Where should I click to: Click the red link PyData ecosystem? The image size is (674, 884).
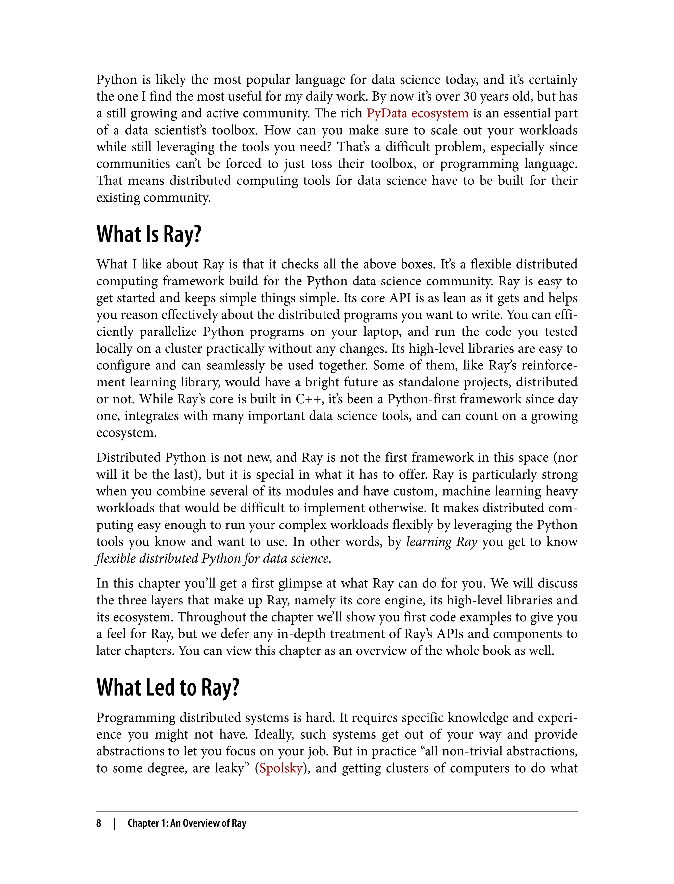click(x=417, y=113)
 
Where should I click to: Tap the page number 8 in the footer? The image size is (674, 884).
click(x=99, y=823)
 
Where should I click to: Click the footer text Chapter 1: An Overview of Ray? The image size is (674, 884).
click(x=187, y=823)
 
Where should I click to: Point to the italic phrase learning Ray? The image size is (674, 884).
click(x=441, y=542)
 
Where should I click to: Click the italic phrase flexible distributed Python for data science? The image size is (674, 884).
click(x=214, y=558)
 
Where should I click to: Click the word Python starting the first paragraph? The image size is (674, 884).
click(x=117, y=80)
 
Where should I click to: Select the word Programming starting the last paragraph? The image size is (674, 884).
click(x=135, y=717)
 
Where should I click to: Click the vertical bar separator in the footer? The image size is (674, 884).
click(x=114, y=823)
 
